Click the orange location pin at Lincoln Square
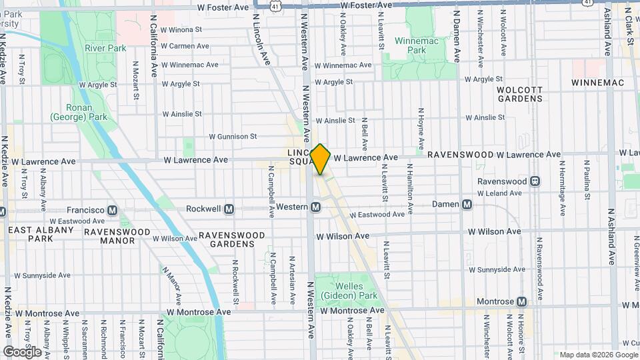(320, 159)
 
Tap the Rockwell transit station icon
(229, 209)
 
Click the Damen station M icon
(467, 204)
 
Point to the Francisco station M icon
(113, 210)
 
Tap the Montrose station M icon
(521, 301)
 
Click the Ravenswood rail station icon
(535, 181)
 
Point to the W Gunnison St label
(233, 136)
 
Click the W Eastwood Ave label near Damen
(377, 215)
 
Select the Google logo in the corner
(22, 351)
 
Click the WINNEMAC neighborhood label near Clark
(597, 83)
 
